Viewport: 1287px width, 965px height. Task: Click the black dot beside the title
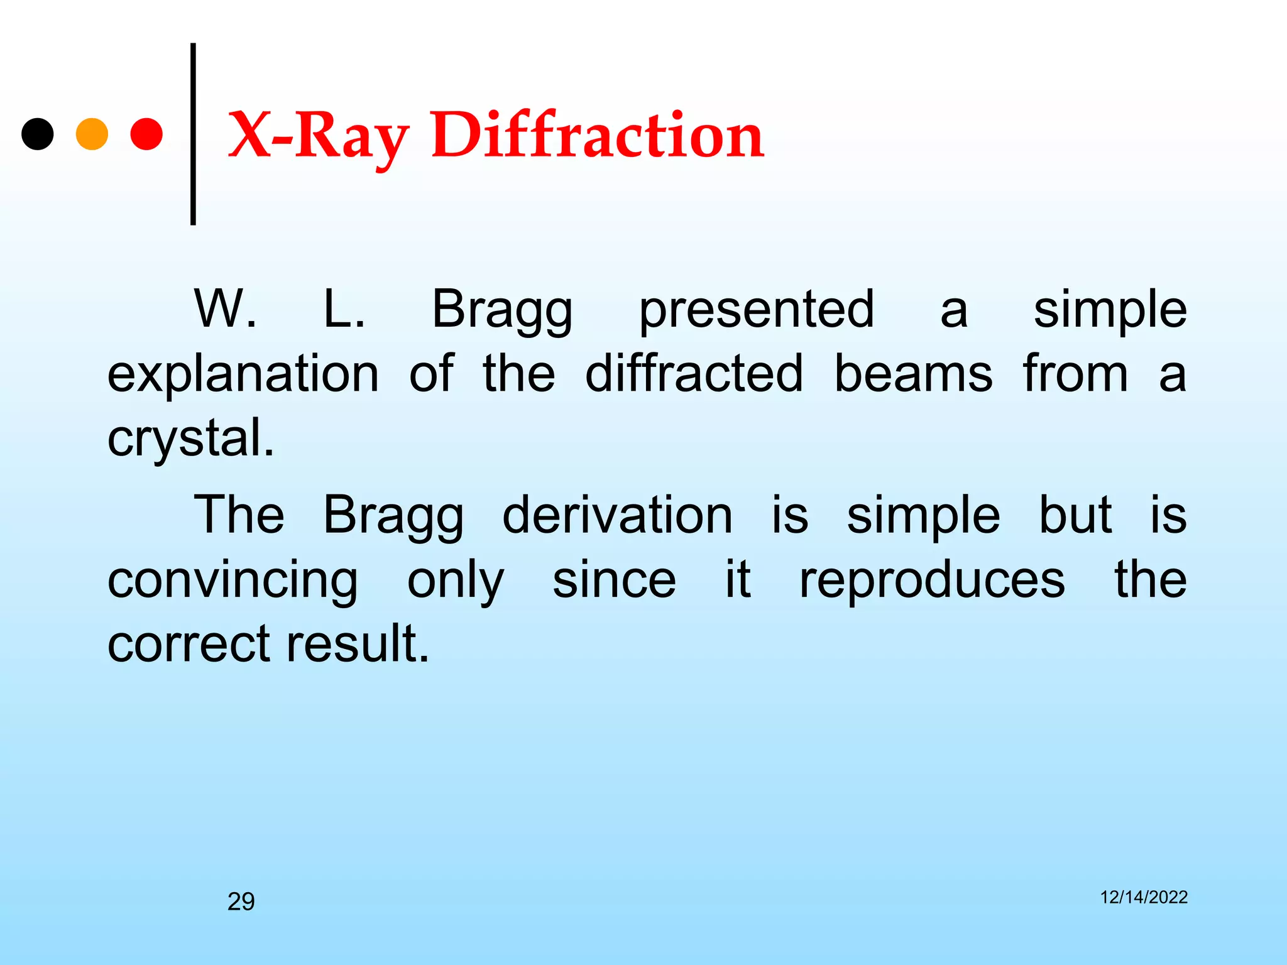[38, 134]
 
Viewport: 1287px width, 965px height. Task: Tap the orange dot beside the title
[92, 134]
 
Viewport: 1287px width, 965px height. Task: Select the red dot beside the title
[146, 134]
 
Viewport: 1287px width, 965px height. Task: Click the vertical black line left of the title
[193, 134]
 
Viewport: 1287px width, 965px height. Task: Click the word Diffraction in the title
[597, 135]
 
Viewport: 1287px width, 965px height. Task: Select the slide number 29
[241, 902]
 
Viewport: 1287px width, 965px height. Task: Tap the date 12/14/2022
[1143, 897]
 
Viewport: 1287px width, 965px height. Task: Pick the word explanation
[243, 375]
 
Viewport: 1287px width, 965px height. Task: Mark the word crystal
[190, 439]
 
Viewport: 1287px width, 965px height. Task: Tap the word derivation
[617, 515]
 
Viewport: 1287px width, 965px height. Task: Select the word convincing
[233, 582]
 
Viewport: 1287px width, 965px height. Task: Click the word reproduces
[932, 581]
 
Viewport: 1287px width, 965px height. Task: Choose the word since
[614, 581]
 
